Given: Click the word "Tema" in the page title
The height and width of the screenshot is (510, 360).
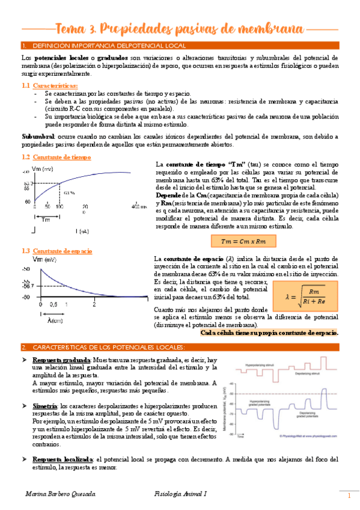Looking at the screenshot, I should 70,29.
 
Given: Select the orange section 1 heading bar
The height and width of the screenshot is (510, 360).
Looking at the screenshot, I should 180,46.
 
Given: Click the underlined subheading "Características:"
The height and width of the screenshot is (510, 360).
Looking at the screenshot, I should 59,86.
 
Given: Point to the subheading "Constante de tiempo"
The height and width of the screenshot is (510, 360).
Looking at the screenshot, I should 63,157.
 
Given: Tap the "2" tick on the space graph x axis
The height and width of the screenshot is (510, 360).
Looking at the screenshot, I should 94,305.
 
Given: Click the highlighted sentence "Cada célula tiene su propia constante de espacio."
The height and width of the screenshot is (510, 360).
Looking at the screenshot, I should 269,333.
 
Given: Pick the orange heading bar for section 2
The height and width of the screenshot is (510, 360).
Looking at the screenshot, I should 180,348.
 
